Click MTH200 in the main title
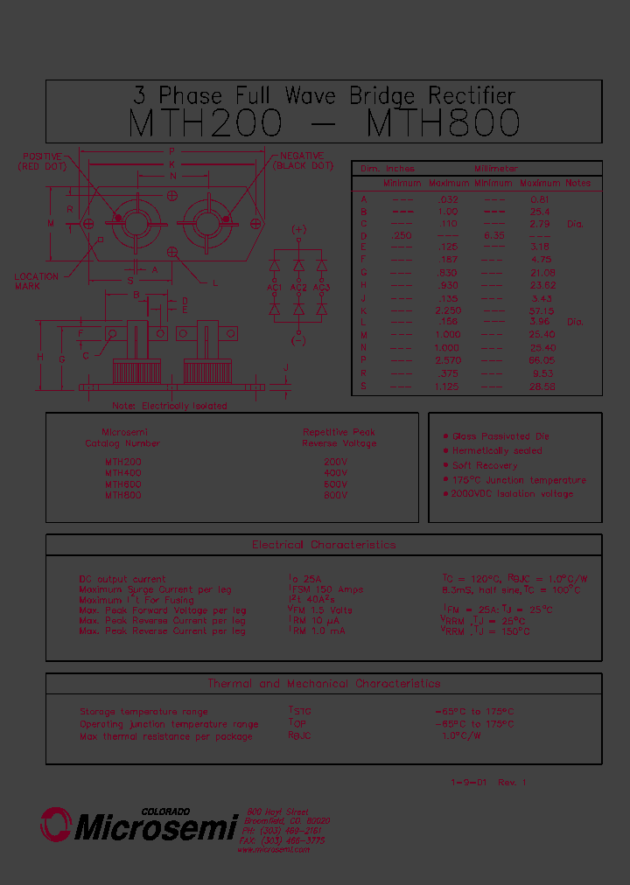pos(205,123)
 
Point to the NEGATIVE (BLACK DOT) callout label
pos(303,161)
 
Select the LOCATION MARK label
pos(37,282)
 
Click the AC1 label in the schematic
pos(274,288)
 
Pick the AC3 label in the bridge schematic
pos(322,288)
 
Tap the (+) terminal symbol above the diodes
pos(299,230)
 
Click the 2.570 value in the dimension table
pos(448,360)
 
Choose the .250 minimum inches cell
pos(402,235)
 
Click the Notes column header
pos(577,184)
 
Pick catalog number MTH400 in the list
pos(123,473)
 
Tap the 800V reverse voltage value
pos(335,496)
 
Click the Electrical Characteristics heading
pos(324,545)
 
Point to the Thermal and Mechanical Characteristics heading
pos(324,684)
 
